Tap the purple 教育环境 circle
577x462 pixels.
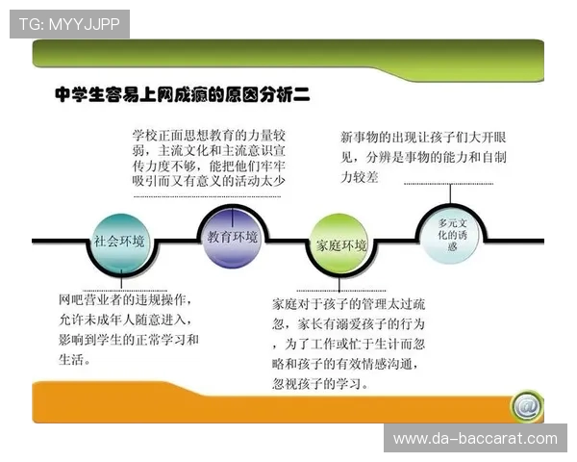coord(231,236)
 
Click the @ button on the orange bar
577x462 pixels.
coord(524,405)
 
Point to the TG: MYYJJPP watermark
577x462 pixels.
coord(69,24)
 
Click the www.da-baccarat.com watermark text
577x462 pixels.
coord(475,439)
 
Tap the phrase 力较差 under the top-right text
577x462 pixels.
coord(360,177)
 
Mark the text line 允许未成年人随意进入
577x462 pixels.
coord(125,320)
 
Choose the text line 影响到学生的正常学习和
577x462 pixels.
coord(128,340)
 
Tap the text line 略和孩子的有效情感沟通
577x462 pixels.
coord(348,364)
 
